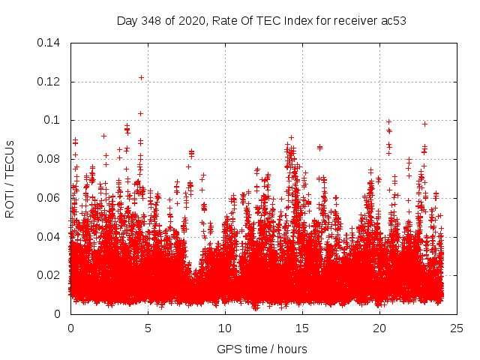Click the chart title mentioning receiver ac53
[262, 20]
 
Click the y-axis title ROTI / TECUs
[10, 178]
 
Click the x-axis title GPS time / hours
[262, 349]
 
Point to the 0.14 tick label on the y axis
[49, 43]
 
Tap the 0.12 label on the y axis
[49, 81]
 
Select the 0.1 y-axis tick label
[54, 120]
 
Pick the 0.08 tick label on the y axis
[49, 159]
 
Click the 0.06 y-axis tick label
[49, 198]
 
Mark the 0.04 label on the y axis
[49, 236]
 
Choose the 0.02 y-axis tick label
[49, 275]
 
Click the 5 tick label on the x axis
[148, 328]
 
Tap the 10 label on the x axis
[225, 328]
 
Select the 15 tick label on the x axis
[302, 328]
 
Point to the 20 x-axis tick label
[379, 328]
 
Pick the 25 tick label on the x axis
[457, 328]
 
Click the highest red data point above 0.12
[141, 77]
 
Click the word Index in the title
[283, 20]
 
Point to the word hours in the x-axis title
[292, 349]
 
